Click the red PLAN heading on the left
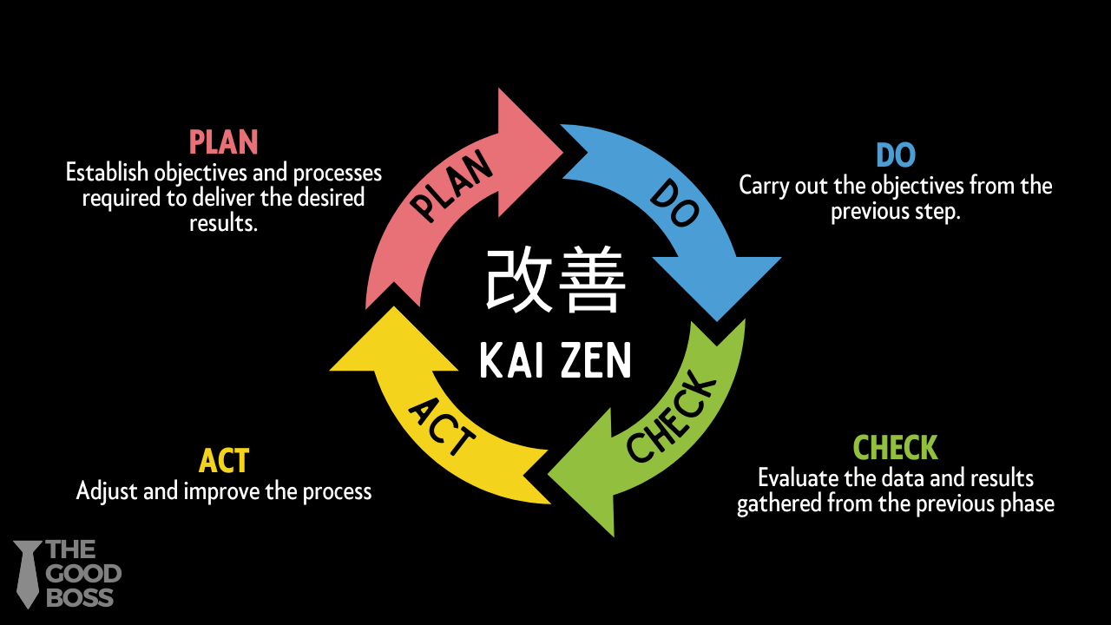click(x=224, y=142)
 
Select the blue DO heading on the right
click(x=896, y=155)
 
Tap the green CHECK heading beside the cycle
click(x=896, y=448)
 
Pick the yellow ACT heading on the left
click(x=224, y=461)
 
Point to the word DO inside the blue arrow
click(x=674, y=203)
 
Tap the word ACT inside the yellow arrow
click(x=442, y=426)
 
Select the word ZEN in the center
click(x=593, y=360)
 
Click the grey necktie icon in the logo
click(x=29, y=573)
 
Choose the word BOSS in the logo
click(x=80, y=597)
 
